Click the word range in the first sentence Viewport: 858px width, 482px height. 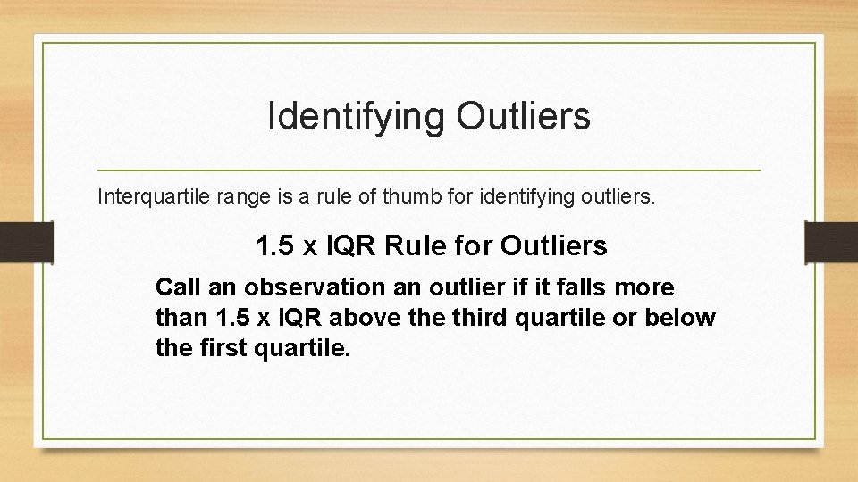click(234, 196)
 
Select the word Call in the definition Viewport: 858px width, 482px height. click(175, 287)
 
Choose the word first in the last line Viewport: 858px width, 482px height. click(214, 347)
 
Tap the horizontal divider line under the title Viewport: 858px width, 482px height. click(428, 170)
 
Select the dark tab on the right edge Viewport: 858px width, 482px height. click(831, 242)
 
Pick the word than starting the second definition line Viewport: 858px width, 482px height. click(181, 318)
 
